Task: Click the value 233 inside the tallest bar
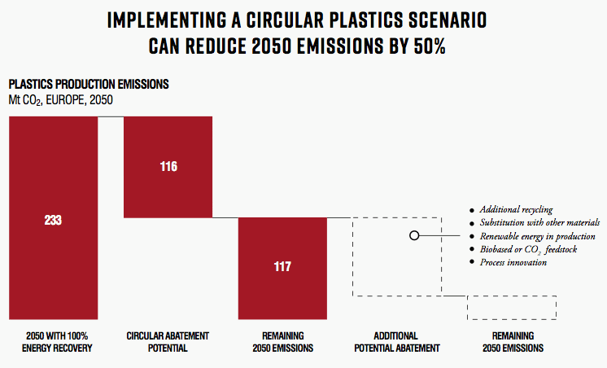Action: tap(53, 220)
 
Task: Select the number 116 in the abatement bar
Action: tap(168, 167)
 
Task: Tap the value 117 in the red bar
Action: tap(282, 266)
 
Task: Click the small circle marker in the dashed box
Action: tap(414, 235)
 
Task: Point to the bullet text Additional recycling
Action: tap(516, 209)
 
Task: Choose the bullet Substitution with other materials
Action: tap(539, 222)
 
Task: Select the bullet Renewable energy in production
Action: tap(537, 236)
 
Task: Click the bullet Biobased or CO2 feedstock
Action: tap(528, 249)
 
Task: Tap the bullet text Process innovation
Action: tap(513, 262)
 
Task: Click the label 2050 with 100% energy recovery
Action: tap(57, 342)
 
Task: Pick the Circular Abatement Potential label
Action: tap(168, 342)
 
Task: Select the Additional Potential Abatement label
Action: tap(397, 342)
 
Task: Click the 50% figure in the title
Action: tap(430, 46)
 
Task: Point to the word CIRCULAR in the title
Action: tap(285, 20)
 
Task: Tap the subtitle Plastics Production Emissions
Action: tap(89, 84)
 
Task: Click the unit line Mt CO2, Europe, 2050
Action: tap(61, 100)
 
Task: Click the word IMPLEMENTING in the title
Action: tap(167, 20)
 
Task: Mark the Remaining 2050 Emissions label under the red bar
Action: tap(283, 342)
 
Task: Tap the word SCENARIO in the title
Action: tap(448, 20)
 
